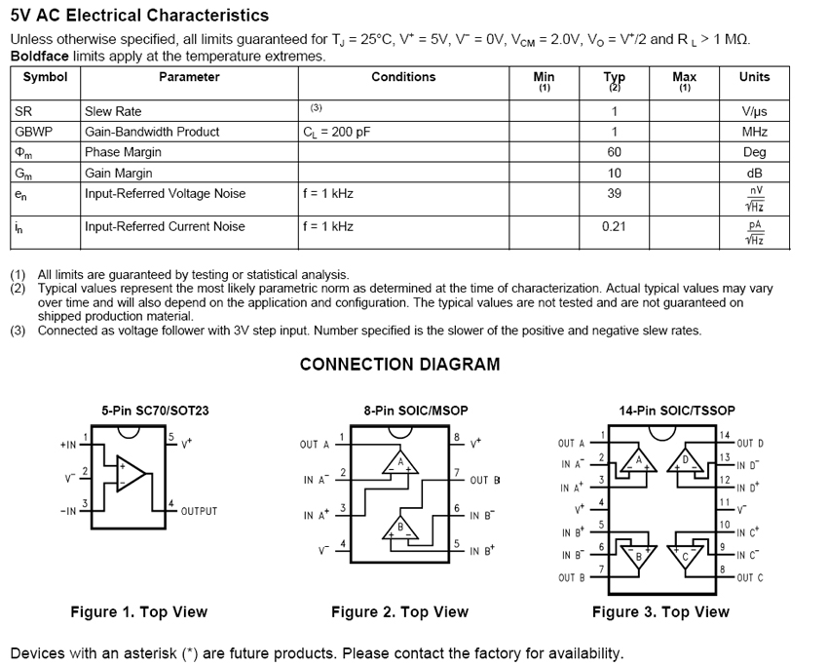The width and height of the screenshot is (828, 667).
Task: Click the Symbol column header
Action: tap(45, 77)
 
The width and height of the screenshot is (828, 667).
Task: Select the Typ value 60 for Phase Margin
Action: tap(615, 152)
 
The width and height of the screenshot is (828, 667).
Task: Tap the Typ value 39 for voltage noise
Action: tap(615, 193)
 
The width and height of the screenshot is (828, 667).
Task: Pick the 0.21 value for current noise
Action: tap(615, 226)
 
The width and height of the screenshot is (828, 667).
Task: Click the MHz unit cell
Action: tap(754, 132)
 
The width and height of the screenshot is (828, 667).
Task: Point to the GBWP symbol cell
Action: tap(34, 132)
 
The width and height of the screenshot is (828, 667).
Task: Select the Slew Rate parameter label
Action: tap(113, 111)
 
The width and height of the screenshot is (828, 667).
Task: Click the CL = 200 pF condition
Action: tap(337, 132)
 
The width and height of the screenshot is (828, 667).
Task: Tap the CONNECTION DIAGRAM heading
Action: tap(399, 365)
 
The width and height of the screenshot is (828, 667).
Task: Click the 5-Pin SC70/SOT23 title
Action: tap(155, 411)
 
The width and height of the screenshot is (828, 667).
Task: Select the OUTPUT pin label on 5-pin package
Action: tap(199, 511)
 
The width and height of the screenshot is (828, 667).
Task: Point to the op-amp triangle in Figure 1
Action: tap(132, 475)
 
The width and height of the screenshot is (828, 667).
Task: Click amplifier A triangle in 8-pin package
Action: tap(400, 463)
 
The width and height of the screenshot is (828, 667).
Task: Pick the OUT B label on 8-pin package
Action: tap(485, 480)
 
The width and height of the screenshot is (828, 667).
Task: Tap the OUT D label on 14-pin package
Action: tap(750, 444)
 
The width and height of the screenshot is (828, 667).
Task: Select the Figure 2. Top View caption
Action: tap(399, 612)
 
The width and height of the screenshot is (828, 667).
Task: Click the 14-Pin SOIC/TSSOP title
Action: tap(677, 411)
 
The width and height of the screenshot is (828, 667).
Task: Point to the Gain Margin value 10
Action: tap(615, 173)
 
